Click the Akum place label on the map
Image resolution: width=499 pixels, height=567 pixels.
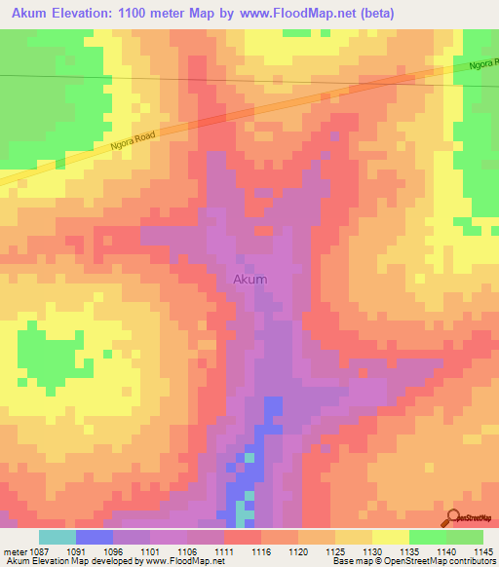coord(250,280)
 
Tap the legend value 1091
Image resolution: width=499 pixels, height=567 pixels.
coord(75,550)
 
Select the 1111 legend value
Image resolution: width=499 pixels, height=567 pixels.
coord(223,550)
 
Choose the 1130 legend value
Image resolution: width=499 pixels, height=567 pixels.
coord(371,550)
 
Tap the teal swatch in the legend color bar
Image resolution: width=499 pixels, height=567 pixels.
coord(57,537)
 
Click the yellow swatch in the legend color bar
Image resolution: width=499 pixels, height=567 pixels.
coord(390,537)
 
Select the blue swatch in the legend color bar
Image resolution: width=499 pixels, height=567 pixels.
coord(94,537)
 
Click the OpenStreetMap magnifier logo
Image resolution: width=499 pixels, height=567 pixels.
coord(453,518)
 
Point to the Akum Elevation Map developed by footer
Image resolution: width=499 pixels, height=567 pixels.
coord(58,562)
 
